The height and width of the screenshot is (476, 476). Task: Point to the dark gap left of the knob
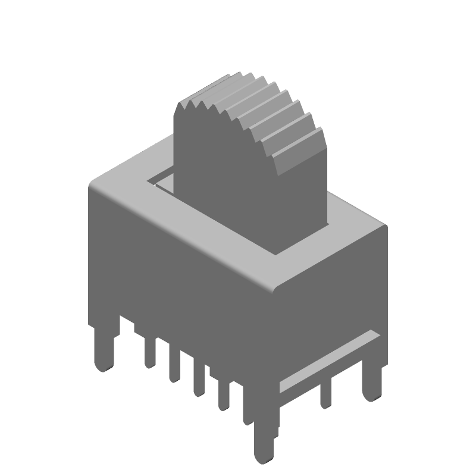click(162, 180)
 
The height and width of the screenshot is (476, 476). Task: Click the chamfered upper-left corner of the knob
click(178, 107)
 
